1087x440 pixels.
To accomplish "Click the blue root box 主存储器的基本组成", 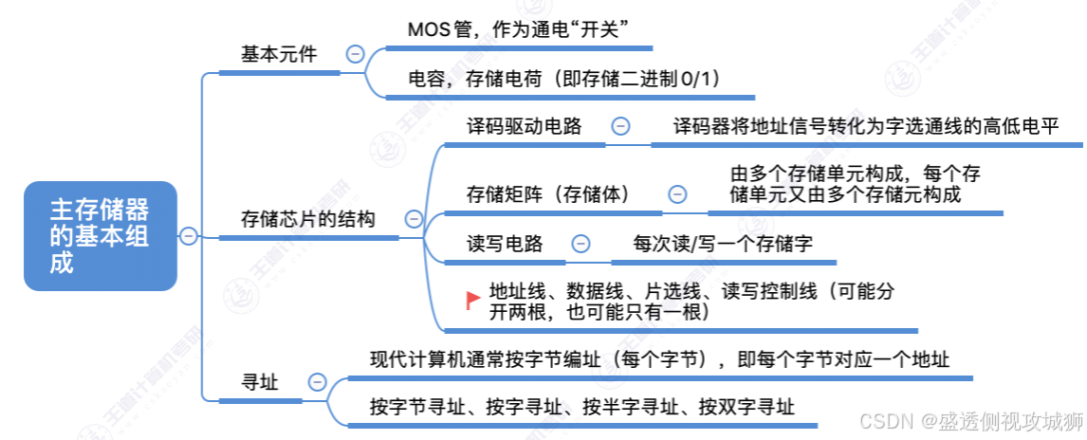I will point(100,235).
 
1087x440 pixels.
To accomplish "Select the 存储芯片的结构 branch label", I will point(308,219).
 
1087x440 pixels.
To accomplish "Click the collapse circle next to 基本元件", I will point(356,55).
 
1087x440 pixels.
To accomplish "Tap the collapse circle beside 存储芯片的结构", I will point(414,219).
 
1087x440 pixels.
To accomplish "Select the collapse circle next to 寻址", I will point(317,382).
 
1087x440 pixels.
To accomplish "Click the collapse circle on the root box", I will point(189,235).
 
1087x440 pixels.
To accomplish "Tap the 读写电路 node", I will point(505,244).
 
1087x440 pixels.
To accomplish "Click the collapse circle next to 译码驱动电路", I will point(620,126).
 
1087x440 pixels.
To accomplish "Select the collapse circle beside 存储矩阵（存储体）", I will point(677,194).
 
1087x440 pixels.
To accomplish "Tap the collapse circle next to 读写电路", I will point(580,244).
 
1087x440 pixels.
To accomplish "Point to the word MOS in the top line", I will point(428,29).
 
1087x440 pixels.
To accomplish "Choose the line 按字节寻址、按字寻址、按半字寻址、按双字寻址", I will point(581,407).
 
